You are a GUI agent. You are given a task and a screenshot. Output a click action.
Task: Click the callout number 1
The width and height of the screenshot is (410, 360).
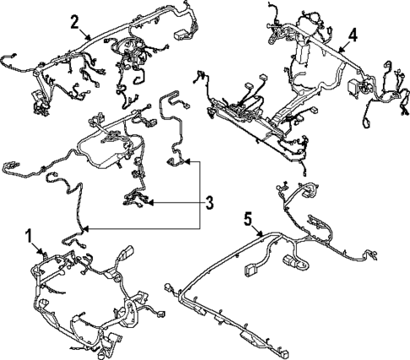[30, 234]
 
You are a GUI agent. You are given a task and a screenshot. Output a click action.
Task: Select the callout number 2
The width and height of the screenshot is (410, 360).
[75, 20]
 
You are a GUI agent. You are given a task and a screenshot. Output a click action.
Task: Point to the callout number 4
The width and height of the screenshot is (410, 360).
[352, 35]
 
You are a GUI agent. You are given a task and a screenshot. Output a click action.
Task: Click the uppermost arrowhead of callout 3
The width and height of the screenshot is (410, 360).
[184, 160]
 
